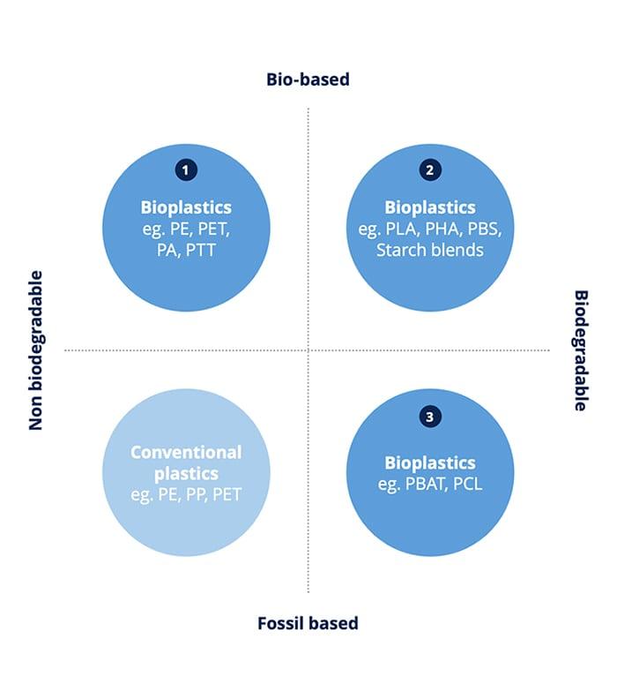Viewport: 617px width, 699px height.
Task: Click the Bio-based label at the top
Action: tap(308, 79)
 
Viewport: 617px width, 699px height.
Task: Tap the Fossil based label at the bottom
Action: tap(308, 623)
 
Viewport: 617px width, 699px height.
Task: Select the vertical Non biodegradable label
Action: tap(36, 350)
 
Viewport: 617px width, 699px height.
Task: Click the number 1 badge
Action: tap(186, 171)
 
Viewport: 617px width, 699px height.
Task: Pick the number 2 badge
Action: tap(429, 171)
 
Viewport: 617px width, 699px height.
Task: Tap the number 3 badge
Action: tap(429, 417)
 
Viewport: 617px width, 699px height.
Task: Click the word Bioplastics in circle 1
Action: tap(186, 207)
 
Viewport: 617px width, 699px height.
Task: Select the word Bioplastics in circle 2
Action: tap(429, 207)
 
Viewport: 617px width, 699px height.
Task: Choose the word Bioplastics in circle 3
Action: tap(429, 462)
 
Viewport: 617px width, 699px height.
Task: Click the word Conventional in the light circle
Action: tap(186, 452)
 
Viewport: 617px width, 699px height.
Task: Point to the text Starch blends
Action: tap(429, 250)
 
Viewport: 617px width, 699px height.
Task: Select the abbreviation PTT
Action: tap(204, 250)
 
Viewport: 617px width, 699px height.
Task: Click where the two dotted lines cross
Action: tap(308, 350)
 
